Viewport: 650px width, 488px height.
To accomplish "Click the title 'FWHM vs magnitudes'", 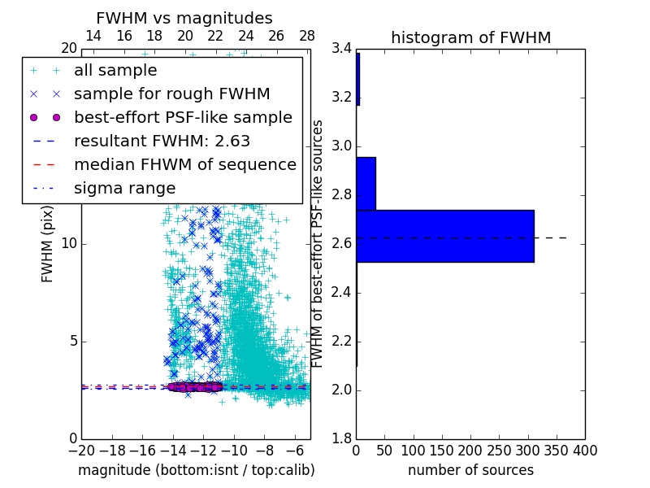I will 184,18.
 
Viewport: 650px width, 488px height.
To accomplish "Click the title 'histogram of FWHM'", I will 470,37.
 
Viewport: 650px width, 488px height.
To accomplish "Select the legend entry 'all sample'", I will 115,71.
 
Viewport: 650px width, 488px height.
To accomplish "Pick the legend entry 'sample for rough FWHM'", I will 171,94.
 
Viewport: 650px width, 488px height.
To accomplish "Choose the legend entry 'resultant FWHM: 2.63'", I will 162,141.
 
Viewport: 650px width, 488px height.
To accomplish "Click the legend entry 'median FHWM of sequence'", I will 184,164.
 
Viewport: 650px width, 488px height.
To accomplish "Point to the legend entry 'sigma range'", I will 124,188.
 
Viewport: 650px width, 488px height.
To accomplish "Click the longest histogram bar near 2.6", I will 444,236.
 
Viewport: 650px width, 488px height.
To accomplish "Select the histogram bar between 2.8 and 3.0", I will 366,183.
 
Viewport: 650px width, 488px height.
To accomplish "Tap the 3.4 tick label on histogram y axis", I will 341,49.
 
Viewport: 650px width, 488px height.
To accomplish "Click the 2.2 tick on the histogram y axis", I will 341,342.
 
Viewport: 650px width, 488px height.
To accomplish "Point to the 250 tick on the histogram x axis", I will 499,450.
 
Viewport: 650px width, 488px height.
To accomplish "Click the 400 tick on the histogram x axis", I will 585,450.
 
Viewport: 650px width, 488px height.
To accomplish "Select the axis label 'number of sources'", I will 470,470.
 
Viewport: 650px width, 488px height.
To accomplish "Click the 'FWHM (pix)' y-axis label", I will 48,244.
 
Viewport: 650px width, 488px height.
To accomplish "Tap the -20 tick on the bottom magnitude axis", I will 81,450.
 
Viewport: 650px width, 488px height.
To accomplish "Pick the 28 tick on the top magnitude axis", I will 307,36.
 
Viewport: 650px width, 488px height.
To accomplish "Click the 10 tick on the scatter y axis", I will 70,244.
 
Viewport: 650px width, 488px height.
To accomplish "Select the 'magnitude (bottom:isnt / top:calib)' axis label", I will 196,470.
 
